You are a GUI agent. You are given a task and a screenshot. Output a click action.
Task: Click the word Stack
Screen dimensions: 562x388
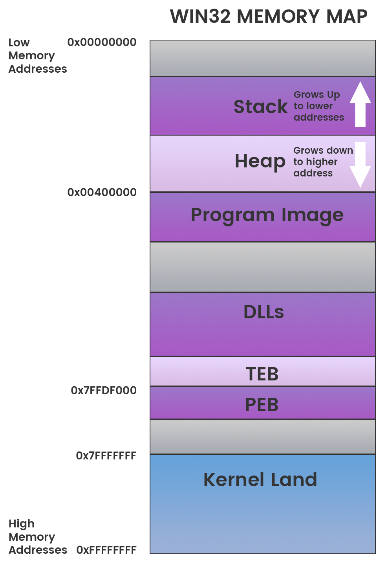(x=260, y=107)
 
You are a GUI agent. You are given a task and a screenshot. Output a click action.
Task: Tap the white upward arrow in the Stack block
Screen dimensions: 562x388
(x=360, y=104)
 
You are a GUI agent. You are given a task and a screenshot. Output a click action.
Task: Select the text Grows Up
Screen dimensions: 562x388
(x=317, y=95)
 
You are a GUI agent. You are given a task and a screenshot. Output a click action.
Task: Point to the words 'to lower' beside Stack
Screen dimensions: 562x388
(x=313, y=106)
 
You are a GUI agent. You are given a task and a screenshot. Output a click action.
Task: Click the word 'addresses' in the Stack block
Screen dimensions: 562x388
(x=318, y=118)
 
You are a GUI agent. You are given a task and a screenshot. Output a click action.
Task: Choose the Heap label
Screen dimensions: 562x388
(x=260, y=162)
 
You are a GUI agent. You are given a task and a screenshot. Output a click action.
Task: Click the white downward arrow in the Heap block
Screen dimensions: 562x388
(x=360, y=165)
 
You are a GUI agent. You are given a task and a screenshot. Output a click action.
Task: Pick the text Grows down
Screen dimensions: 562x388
(x=323, y=151)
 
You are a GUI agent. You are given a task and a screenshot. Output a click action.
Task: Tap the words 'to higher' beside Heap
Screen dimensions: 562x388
(x=315, y=162)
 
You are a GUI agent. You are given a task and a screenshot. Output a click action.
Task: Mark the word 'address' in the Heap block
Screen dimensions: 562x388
(x=313, y=173)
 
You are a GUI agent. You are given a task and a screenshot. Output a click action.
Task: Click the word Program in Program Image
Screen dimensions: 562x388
(x=232, y=215)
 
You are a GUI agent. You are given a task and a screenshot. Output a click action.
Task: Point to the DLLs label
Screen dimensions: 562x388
(x=264, y=312)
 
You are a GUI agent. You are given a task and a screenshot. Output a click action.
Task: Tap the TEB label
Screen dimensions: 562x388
(x=262, y=374)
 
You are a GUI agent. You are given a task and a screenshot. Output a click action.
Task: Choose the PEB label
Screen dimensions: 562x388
(x=262, y=405)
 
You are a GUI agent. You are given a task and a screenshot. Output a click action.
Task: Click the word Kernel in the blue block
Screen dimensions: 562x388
(x=233, y=480)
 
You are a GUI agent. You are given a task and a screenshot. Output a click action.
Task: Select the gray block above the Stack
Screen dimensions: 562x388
(x=262, y=58)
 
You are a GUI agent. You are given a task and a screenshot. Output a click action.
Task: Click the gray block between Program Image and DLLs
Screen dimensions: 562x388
(x=262, y=267)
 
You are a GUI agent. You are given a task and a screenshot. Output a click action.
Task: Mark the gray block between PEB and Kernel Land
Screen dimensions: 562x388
(x=262, y=437)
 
